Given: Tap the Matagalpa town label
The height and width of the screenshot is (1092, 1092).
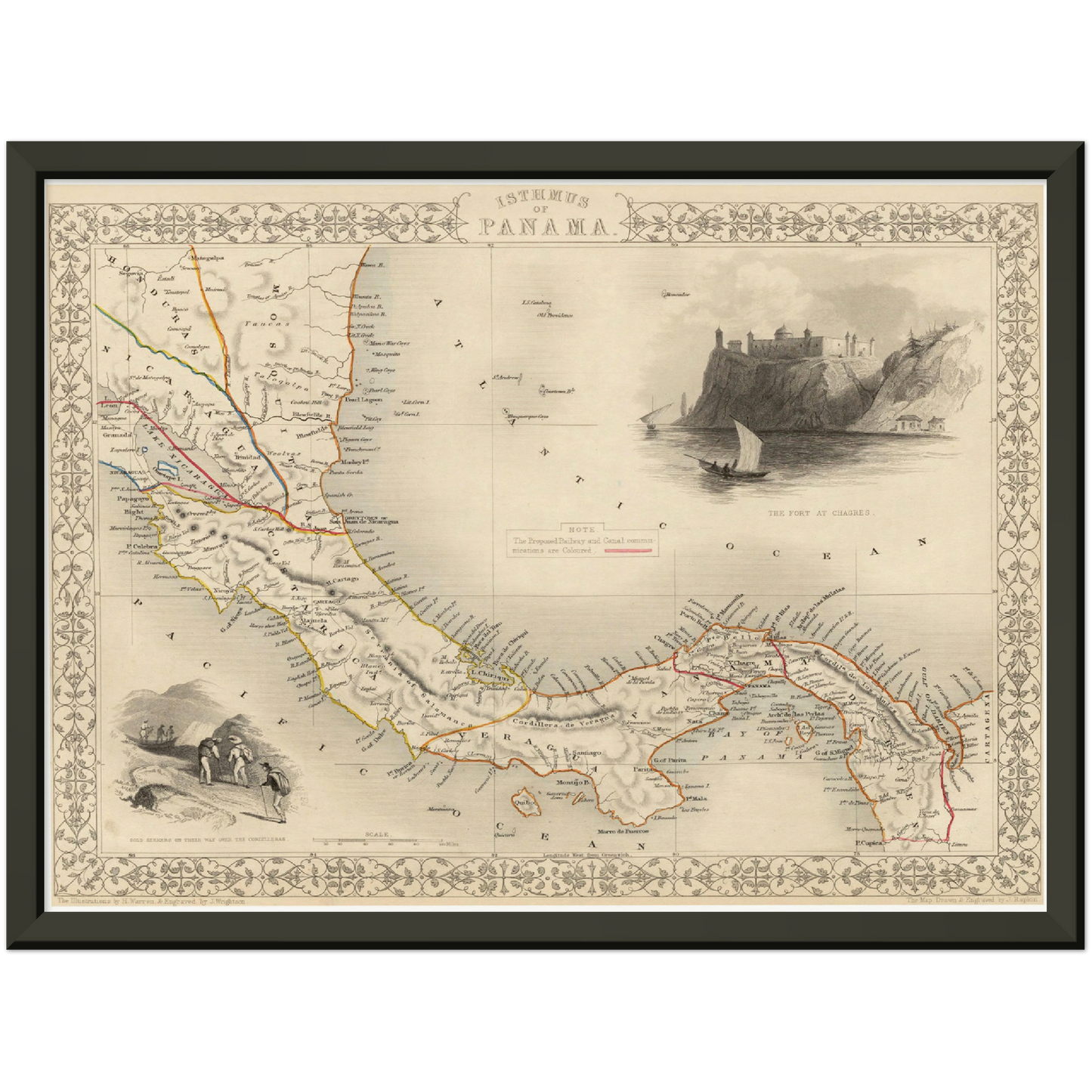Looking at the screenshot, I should (x=191, y=258).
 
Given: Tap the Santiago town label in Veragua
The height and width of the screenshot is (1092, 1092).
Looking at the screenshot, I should (x=586, y=753).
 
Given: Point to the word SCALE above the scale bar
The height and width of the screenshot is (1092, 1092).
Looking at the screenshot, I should (x=376, y=834).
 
